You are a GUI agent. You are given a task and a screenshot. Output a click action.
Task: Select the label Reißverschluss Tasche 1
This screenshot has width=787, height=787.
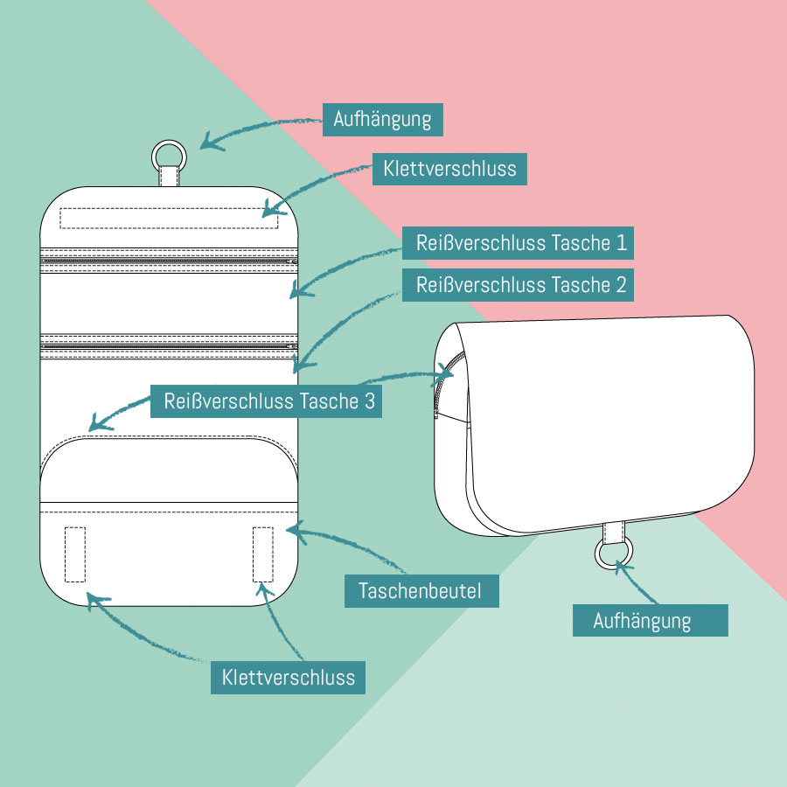tap(518, 243)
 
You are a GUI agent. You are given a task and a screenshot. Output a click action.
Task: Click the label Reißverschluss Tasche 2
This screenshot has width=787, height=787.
tap(518, 285)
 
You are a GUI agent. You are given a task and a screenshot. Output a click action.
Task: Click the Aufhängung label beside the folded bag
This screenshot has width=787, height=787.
tap(650, 620)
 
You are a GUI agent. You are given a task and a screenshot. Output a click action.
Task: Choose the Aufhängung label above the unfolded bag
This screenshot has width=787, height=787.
tap(383, 119)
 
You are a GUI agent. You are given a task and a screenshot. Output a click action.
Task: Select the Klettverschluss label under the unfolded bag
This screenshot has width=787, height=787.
tap(289, 677)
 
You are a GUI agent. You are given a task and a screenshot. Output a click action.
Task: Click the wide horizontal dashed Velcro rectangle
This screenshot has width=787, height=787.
tap(170, 218)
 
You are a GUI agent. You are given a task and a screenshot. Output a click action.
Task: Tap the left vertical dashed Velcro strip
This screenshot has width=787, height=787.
tap(75, 554)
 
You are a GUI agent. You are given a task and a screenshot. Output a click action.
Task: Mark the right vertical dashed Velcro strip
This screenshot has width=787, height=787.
tap(263, 554)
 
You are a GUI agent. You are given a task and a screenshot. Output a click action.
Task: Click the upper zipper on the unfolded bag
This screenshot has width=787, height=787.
tap(170, 261)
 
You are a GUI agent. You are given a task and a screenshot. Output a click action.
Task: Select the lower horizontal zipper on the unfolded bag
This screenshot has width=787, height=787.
tap(170, 346)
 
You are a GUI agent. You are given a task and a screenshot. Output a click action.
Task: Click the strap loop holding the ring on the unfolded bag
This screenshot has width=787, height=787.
tap(170, 178)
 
